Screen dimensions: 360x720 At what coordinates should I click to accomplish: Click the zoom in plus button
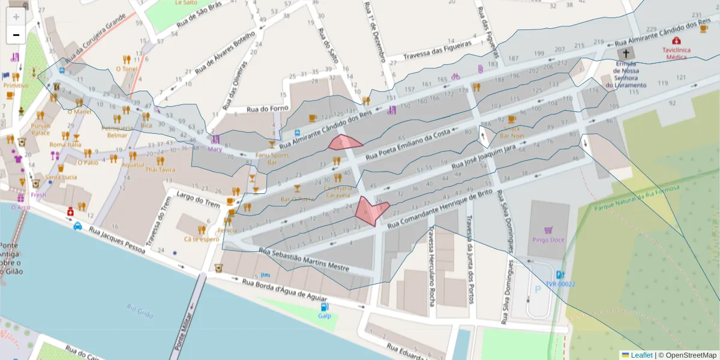pyautogui.click(x=16, y=17)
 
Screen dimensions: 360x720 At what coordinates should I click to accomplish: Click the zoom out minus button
pyautogui.click(x=16, y=35)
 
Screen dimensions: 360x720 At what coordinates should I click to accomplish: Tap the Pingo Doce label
pyautogui.click(x=548, y=240)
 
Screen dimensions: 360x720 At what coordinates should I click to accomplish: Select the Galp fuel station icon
pyautogui.click(x=325, y=307)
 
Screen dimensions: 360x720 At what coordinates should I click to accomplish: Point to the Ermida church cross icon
pyautogui.click(x=626, y=53)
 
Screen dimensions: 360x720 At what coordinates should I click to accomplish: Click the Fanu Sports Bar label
pyautogui.click(x=272, y=159)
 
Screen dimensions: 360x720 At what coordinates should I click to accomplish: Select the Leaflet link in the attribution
pyautogui.click(x=641, y=355)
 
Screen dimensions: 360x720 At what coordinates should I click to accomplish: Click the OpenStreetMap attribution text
pyautogui.click(x=687, y=355)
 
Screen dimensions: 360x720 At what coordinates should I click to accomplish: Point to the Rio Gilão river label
pyautogui.click(x=140, y=311)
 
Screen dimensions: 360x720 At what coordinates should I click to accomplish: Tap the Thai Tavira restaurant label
pyautogui.click(x=160, y=169)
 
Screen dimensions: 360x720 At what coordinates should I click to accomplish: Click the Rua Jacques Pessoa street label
pyautogui.click(x=117, y=240)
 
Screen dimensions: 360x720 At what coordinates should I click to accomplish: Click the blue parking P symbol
pyautogui.click(x=537, y=289)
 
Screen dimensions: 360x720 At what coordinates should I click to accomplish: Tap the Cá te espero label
pyautogui.click(x=202, y=239)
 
